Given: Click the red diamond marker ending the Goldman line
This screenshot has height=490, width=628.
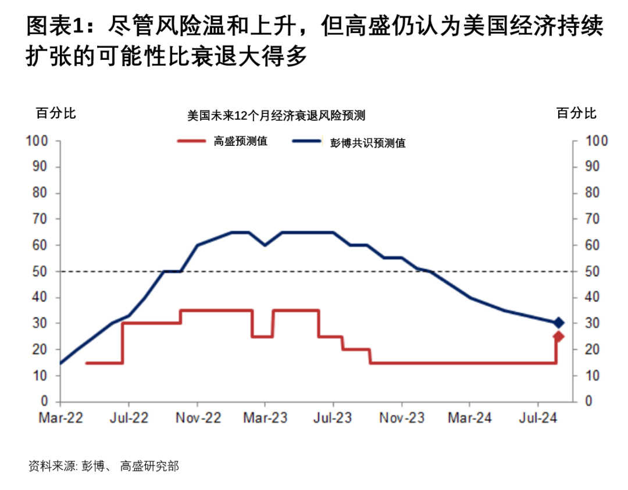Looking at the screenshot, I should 558,337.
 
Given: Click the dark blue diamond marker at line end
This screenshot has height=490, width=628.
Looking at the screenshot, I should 558,323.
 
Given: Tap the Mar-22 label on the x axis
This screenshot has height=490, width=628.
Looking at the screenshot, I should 60,418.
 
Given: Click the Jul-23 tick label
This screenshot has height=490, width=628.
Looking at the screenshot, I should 333,418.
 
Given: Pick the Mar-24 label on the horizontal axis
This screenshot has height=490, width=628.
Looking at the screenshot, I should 470,418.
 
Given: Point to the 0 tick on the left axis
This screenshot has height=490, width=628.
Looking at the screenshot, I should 44,402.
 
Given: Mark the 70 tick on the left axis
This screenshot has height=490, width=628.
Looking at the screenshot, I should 39,219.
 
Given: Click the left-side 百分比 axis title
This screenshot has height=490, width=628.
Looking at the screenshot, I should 56,113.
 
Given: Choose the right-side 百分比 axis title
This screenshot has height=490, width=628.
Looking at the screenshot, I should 576,113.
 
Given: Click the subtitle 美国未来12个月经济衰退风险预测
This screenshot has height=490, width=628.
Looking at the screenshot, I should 276,116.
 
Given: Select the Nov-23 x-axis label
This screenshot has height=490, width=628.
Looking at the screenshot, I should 402,418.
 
